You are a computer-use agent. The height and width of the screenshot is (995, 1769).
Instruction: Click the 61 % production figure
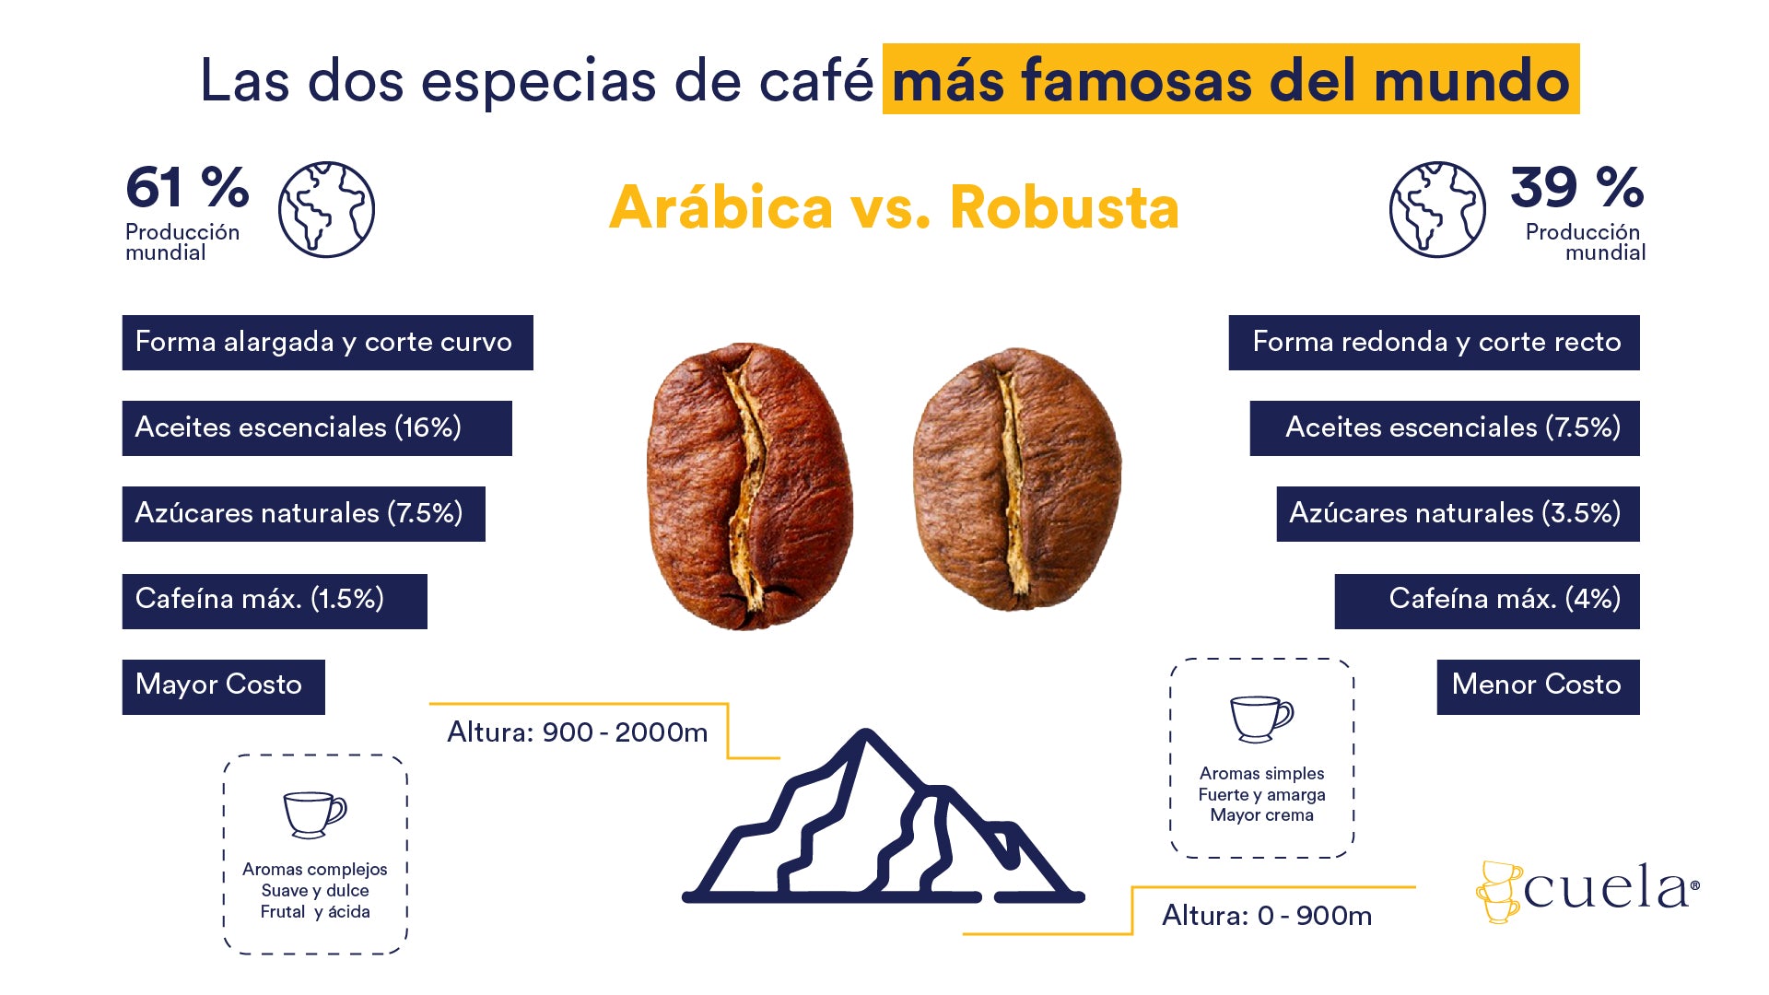pyautogui.click(x=187, y=187)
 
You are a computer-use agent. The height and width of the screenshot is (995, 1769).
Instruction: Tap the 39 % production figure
pyautogui.click(x=1576, y=187)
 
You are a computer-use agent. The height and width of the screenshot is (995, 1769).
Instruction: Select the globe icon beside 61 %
pyautogui.click(x=326, y=209)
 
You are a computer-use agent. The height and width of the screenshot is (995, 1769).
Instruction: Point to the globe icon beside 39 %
pyautogui.click(x=1437, y=209)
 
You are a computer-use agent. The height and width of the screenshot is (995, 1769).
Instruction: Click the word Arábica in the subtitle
pyautogui.click(x=720, y=207)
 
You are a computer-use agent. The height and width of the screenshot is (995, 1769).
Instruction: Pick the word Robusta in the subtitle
pyautogui.click(x=1064, y=207)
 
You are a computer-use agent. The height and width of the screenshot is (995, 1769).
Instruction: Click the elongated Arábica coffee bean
pyautogui.click(x=749, y=486)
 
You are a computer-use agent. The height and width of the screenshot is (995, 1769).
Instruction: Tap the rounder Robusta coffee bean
pyautogui.click(x=1016, y=479)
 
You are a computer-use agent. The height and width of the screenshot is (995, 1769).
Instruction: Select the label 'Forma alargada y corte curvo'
pyautogui.click(x=327, y=343)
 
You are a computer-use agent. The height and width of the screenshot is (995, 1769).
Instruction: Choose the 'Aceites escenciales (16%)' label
pyautogui.click(x=317, y=428)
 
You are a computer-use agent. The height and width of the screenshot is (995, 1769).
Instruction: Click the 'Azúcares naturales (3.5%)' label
pyautogui.click(x=1458, y=514)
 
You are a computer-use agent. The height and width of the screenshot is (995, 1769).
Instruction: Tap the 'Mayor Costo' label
pyautogui.click(x=223, y=687)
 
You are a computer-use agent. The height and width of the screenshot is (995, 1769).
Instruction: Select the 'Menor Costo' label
pyautogui.click(x=1538, y=687)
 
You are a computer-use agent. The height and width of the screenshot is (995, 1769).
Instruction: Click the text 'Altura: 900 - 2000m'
pyautogui.click(x=578, y=732)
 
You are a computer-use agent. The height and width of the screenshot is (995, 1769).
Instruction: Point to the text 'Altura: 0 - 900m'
pyautogui.click(x=1267, y=916)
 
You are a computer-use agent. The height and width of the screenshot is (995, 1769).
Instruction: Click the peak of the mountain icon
pyautogui.click(x=866, y=733)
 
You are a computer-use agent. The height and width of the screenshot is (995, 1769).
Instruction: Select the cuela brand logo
pyautogui.click(x=1587, y=891)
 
